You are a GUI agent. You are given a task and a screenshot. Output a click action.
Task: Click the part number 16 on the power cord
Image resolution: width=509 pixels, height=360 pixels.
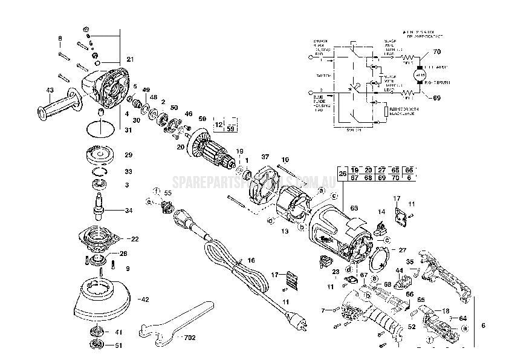click(251, 260)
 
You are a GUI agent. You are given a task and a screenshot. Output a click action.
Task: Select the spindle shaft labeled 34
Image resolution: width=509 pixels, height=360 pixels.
click(99, 206)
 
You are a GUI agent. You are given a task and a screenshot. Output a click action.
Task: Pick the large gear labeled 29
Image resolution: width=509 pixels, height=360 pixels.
click(99, 155)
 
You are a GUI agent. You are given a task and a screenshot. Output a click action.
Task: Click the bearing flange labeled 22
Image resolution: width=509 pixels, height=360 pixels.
click(100, 238)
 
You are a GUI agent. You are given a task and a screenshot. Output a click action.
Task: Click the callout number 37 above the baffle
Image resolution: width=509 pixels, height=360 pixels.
click(265, 156)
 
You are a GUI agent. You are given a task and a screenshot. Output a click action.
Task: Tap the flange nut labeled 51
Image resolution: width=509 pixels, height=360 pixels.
click(96, 345)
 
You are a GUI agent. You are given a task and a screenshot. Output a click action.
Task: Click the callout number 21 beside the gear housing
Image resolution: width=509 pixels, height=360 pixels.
click(129, 59)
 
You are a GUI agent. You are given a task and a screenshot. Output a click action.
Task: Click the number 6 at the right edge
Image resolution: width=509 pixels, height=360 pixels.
click(482, 326)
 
